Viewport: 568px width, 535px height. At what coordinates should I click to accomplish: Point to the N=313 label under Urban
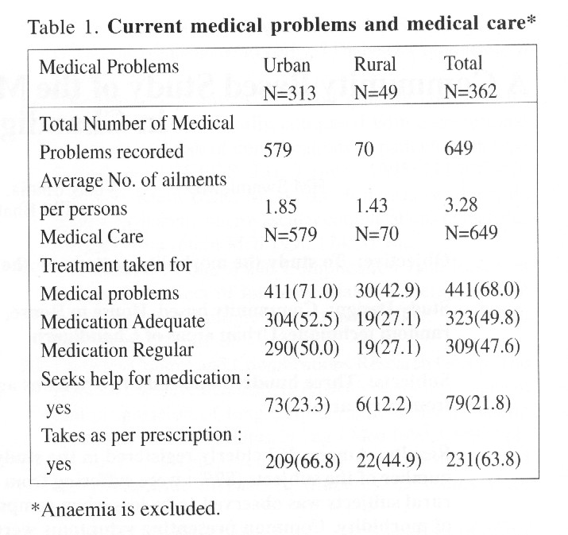click(x=289, y=92)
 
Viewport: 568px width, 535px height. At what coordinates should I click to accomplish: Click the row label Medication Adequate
click(x=128, y=322)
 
